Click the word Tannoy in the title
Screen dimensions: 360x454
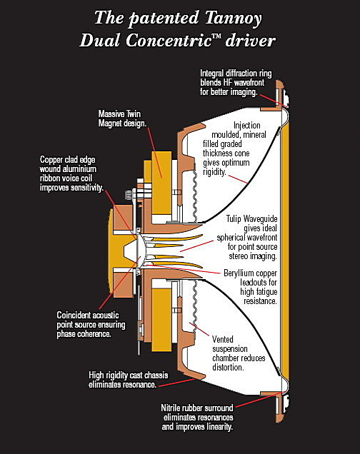(x=233, y=19)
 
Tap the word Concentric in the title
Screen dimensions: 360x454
(x=169, y=40)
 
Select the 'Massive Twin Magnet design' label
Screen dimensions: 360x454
(x=122, y=118)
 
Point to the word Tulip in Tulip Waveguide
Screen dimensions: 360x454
(x=234, y=219)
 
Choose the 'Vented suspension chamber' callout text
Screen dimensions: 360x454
(x=239, y=353)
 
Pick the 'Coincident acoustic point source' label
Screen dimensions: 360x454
(x=91, y=324)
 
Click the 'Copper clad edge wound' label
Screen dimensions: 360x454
(x=71, y=173)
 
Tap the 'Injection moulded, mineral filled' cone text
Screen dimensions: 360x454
(x=234, y=148)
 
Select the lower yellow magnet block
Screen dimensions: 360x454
(x=161, y=320)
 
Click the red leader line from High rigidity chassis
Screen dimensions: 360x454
(x=176, y=383)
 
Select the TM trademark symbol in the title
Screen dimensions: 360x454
(x=217, y=36)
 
